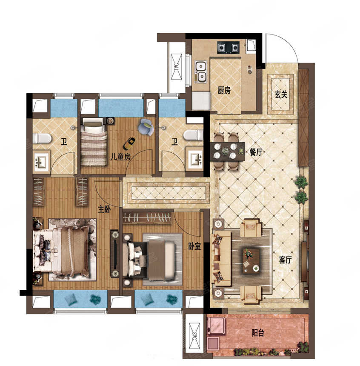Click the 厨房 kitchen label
click(x=224, y=90)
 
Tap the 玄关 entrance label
click(x=280, y=94)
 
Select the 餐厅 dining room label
click(x=256, y=152)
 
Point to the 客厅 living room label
click(x=285, y=260)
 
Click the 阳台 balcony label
click(x=258, y=333)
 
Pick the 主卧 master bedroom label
click(x=104, y=209)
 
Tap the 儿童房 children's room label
click(x=120, y=157)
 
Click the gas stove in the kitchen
click(x=229, y=47)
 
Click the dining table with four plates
click(x=227, y=151)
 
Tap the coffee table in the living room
click(x=251, y=260)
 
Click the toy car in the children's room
click(x=129, y=143)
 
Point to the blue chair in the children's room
click(x=146, y=127)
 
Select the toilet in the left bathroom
click(x=42, y=138)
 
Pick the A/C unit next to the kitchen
click(x=176, y=67)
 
